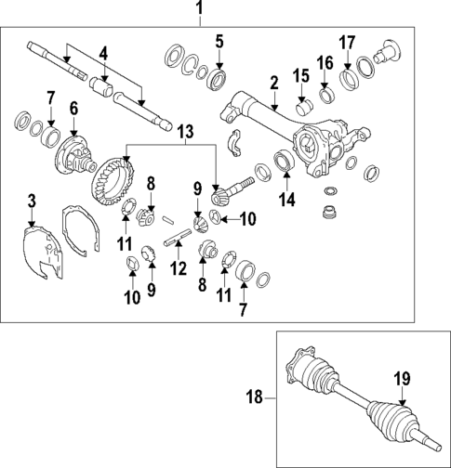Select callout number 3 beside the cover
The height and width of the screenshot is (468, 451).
click(x=31, y=201)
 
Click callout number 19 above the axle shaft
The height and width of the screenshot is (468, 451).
click(x=401, y=378)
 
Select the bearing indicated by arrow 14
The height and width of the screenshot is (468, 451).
click(x=285, y=160)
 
